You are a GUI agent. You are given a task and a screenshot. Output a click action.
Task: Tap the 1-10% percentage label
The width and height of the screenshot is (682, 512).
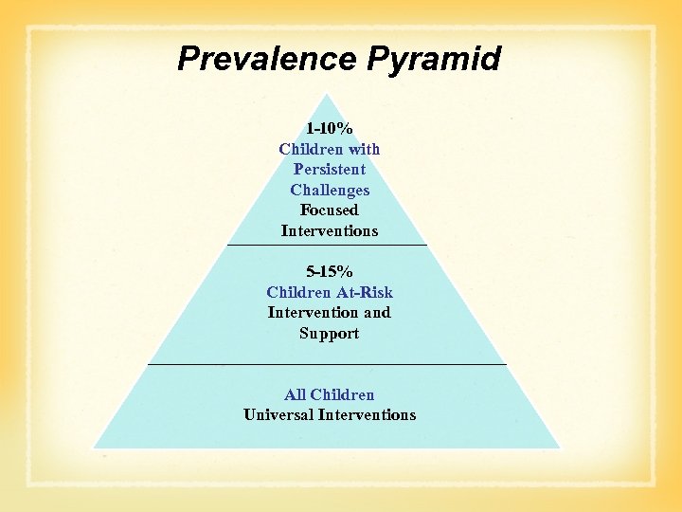coord(329,128)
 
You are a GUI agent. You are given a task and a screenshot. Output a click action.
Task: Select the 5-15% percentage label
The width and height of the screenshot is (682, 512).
coord(329,272)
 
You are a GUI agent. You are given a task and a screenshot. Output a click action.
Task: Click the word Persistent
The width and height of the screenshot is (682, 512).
coord(329,170)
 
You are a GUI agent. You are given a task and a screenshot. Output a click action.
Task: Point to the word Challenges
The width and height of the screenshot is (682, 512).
coord(329,190)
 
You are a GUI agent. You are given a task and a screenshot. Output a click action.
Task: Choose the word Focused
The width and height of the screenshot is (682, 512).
coord(329,210)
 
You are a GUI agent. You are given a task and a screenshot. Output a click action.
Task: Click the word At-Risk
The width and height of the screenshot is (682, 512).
coord(360,292)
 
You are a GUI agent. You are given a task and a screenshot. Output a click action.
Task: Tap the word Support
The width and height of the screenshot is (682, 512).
coord(329,334)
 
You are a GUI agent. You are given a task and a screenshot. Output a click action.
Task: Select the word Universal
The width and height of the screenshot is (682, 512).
coord(278,415)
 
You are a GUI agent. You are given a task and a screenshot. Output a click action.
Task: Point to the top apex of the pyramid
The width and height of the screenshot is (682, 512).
coord(327,94)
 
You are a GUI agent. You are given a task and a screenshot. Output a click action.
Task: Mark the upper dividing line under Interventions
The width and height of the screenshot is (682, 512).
coord(327,247)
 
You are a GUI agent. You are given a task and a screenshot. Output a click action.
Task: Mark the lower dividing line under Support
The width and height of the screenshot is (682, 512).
coord(327,363)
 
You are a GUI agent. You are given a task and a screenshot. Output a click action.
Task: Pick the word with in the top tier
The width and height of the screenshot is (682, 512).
coord(364,149)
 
